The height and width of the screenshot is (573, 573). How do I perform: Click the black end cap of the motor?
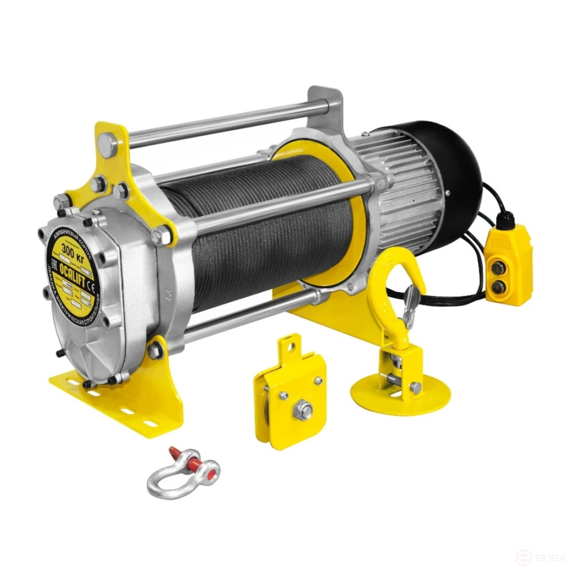tap(459, 173)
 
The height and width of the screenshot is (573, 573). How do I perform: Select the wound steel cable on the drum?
tap(257, 225)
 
